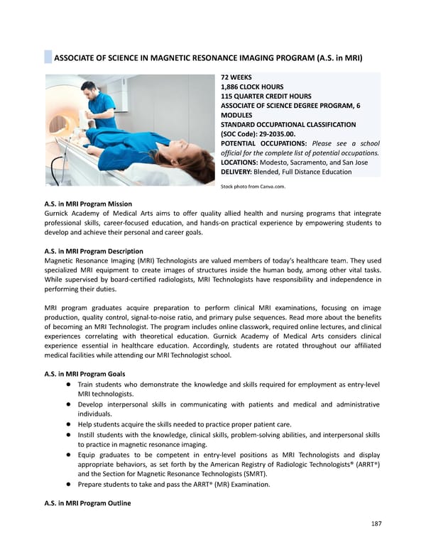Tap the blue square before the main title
pyautogui.click(x=48, y=57)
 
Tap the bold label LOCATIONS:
pyautogui.click(x=243, y=162)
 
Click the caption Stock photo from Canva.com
pyautogui.click(x=253, y=187)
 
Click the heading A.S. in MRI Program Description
pyautogui.click(x=94, y=251)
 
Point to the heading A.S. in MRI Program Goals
pyautogui.click(x=84, y=375)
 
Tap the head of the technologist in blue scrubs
pyautogui.click(x=89, y=89)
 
